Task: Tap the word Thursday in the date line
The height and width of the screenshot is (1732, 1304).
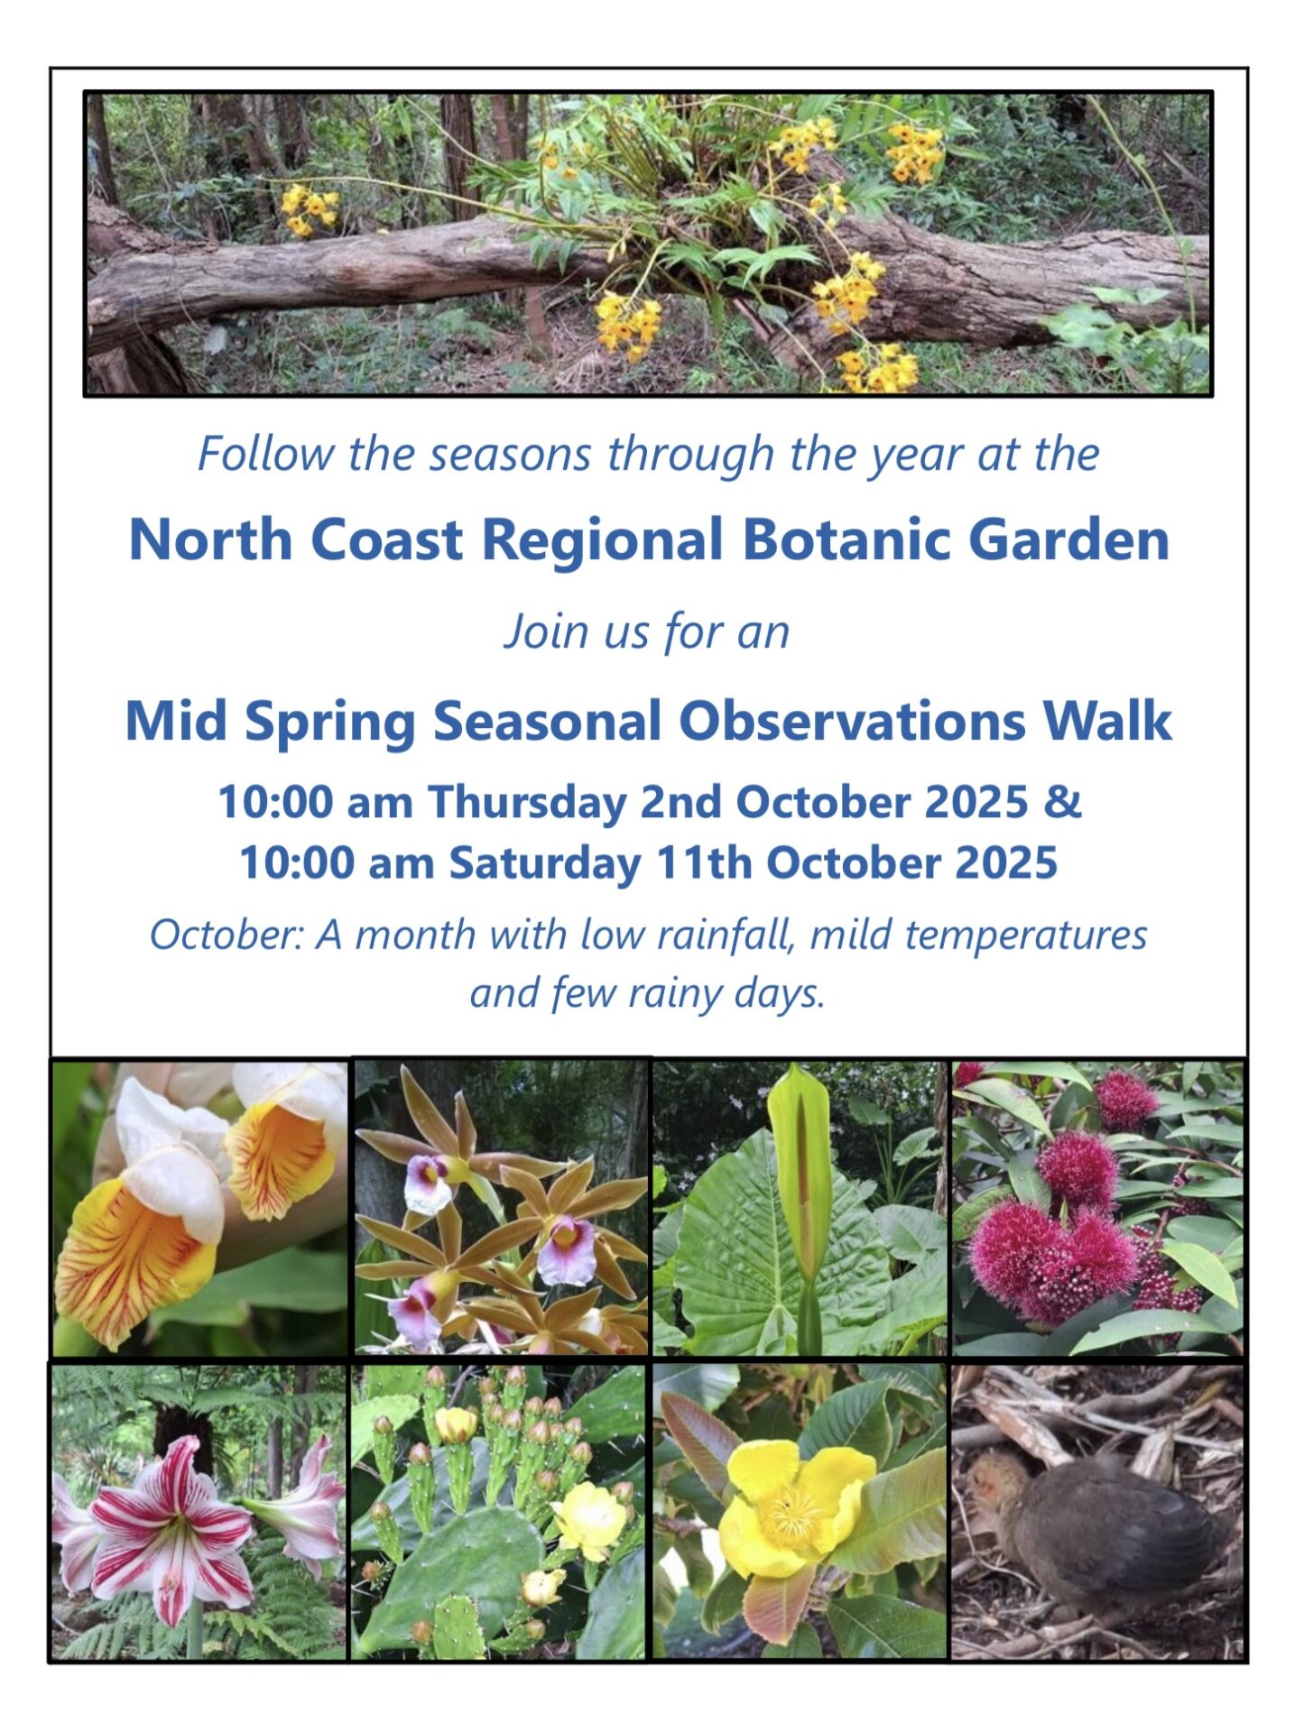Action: [526, 802]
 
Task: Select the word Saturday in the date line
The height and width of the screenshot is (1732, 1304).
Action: [546, 862]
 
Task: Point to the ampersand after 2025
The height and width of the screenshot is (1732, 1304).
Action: [1063, 802]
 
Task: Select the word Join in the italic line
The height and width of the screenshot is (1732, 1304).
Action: [540, 631]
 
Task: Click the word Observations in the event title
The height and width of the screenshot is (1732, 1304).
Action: [852, 722]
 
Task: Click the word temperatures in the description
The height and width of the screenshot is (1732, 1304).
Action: [1026, 935]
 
